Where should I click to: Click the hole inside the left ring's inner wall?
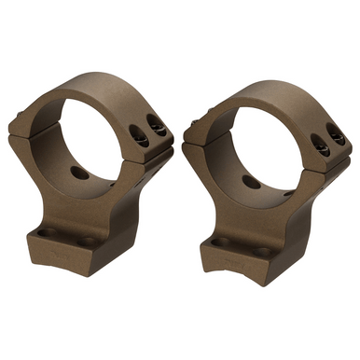click(80, 173)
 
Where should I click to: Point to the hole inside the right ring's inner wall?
click(252, 182)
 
